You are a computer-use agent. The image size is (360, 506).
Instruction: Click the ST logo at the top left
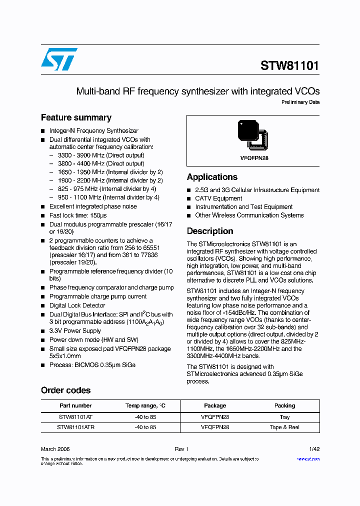point(59,59)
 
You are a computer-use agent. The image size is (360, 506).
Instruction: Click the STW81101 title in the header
point(289,66)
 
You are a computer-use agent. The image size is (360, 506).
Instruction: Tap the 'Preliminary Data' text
point(300,102)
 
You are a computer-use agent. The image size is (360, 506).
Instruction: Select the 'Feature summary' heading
point(76,117)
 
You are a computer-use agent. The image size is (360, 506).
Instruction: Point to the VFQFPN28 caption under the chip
point(254,158)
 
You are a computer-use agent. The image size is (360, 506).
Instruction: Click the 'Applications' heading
point(212,177)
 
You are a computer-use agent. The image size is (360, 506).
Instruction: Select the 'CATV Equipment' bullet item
point(218,198)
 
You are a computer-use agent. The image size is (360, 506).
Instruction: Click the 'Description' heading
point(210,231)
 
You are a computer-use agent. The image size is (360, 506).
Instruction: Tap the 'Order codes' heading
point(65,390)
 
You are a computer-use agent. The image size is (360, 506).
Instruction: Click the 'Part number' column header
point(75,405)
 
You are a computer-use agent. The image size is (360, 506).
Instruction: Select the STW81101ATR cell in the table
point(75,427)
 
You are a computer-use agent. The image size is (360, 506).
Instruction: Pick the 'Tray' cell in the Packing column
point(284,417)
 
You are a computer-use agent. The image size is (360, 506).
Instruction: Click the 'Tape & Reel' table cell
point(284,427)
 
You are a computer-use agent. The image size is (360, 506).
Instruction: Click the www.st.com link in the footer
point(308,458)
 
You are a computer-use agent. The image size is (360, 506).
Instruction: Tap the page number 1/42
point(313,449)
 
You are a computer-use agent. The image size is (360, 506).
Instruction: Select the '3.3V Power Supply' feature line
point(75,331)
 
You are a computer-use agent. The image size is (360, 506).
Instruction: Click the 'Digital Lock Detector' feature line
point(77,305)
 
